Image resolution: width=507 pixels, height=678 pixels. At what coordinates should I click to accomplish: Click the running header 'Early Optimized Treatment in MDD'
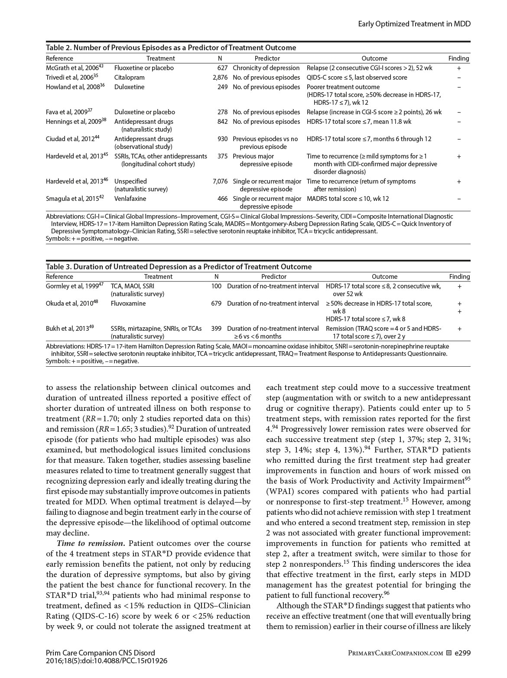pyautogui.click(x=414, y=24)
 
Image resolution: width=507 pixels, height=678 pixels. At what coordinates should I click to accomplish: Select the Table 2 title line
pyautogui.click(x=171, y=48)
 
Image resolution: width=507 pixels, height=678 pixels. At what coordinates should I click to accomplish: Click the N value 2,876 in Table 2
pyautogui.click(x=220, y=77)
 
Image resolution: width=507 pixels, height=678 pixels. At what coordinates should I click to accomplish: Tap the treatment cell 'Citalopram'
pyautogui.click(x=129, y=77)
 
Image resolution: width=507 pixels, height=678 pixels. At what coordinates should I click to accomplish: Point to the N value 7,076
pyautogui.click(x=220, y=181)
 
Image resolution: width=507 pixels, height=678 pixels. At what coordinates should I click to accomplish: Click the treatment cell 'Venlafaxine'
pyautogui.click(x=130, y=199)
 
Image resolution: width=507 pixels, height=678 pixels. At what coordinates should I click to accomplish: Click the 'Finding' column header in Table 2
pyautogui.click(x=458, y=58)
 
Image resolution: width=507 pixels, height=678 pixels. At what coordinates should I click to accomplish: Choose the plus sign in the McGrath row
pyautogui.click(x=459, y=68)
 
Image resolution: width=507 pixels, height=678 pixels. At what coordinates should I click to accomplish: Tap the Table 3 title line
pyautogui.click(x=179, y=267)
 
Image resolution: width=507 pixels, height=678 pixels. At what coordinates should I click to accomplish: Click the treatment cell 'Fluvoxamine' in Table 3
pyautogui.click(x=128, y=303)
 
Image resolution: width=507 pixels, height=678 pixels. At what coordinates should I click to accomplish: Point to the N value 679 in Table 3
pyautogui.click(x=216, y=303)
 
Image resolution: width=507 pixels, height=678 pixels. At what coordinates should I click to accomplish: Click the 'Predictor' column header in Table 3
pyautogui.click(x=273, y=277)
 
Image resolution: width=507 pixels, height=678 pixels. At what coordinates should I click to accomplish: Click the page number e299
pyautogui.click(x=462, y=653)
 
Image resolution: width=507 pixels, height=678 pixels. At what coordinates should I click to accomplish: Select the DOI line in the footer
pyautogui.click(x=107, y=661)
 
